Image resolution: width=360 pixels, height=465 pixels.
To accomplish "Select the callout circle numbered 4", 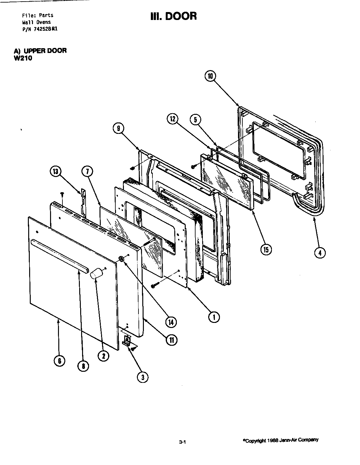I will pyautogui.click(x=320, y=253).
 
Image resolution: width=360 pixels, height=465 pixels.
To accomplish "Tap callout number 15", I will pyautogui.click(x=266, y=250).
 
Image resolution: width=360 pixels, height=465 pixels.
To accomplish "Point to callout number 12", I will pyautogui.click(x=173, y=120).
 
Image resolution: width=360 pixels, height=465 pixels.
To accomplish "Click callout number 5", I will pyautogui.click(x=195, y=120).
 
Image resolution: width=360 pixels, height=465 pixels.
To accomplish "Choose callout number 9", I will pyautogui.click(x=118, y=128).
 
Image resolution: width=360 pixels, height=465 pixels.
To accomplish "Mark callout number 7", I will pyautogui.click(x=87, y=172).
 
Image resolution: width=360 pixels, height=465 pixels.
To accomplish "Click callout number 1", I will pyautogui.click(x=214, y=317).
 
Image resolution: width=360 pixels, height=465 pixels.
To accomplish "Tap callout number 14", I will pyautogui.click(x=171, y=322).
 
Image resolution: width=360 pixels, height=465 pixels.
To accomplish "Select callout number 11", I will pyautogui.click(x=171, y=340).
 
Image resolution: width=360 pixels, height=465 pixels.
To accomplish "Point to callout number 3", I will pyautogui.click(x=143, y=377).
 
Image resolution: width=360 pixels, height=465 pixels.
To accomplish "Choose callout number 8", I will pyautogui.click(x=83, y=366).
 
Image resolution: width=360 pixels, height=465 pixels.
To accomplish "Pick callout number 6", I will pyautogui.click(x=59, y=361).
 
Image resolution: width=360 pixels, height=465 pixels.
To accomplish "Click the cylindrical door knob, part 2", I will pyautogui.click(x=97, y=273).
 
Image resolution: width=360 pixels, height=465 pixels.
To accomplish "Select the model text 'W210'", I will pyautogui.click(x=23, y=58).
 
